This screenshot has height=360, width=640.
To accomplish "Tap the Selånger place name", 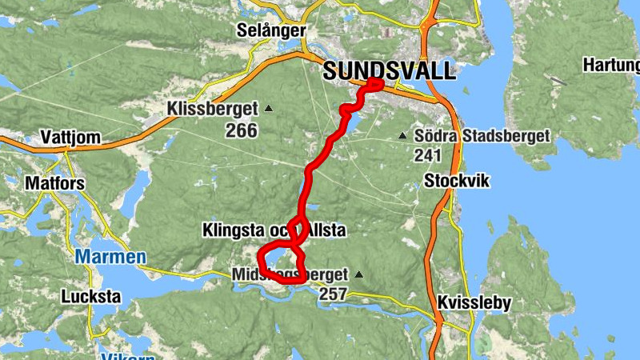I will (x=272, y=30).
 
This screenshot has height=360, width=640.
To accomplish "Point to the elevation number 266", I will (x=241, y=130).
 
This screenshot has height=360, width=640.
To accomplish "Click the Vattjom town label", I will (x=72, y=138).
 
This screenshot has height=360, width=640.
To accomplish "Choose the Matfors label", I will (x=55, y=182).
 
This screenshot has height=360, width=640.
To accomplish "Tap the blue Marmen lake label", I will (x=111, y=257).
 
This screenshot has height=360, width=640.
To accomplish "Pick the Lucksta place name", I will (x=91, y=297).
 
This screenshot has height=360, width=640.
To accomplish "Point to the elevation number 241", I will (x=429, y=155).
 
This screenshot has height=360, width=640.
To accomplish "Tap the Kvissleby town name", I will (x=474, y=304).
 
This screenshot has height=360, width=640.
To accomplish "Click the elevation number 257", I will (x=333, y=294).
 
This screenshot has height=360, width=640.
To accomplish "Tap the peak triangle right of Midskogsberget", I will (x=358, y=275).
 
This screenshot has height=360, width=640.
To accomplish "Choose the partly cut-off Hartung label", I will (x=611, y=64).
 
